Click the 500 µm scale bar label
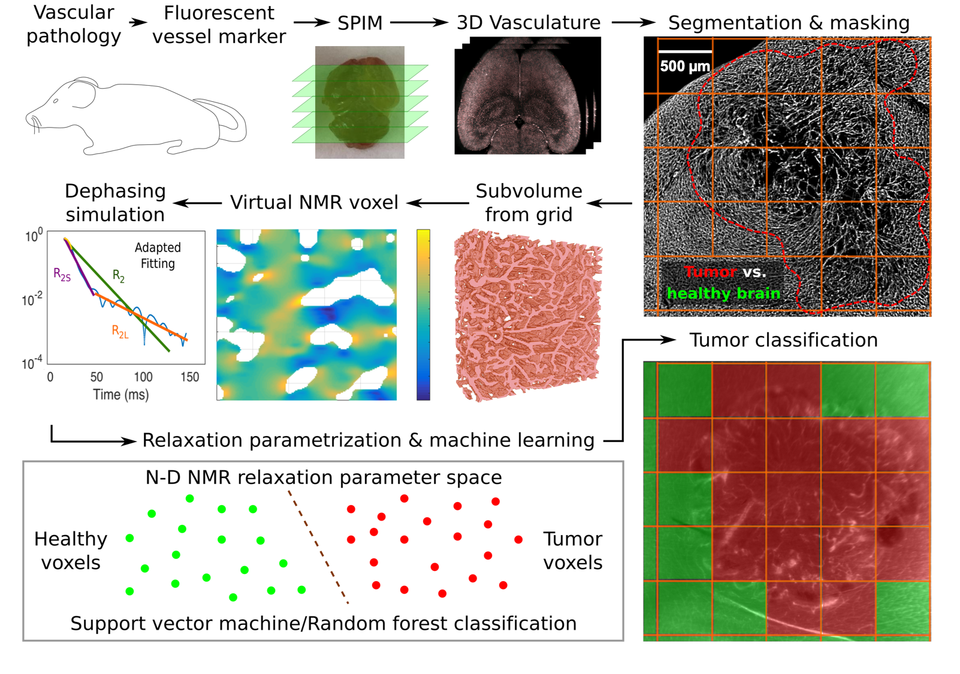click(685, 66)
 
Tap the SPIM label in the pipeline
click(360, 23)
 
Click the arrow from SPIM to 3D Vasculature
click(419, 23)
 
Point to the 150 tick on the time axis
click(189, 377)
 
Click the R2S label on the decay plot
click(62, 275)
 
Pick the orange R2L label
click(120, 331)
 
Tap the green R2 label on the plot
click(119, 276)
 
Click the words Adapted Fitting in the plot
click(158, 255)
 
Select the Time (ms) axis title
click(120, 394)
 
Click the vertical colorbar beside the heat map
click(423, 315)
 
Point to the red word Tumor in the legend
click(710, 272)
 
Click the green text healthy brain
click(723, 293)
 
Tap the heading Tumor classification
click(783, 340)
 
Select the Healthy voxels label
click(71, 551)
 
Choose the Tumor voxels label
click(572, 551)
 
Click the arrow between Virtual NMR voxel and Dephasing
click(197, 203)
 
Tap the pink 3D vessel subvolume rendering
click(527, 315)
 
